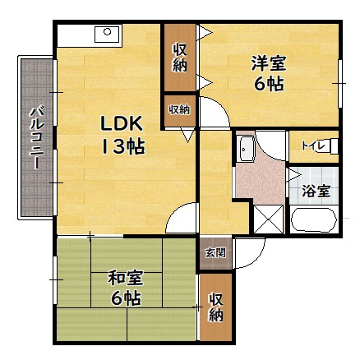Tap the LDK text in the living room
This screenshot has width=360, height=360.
[122, 124]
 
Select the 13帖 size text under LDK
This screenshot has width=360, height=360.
[123, 148]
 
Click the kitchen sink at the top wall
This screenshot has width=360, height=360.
[107, 34]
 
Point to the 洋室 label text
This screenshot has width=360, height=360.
[270, 62]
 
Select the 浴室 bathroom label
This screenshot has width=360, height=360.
[316, 192]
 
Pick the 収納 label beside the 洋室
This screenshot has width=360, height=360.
[180, 57]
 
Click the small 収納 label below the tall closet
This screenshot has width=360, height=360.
[180, 108]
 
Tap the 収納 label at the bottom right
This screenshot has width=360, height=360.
[216, 307]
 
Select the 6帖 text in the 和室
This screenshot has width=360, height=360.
[126, 298]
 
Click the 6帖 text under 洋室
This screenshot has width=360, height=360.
[269, 83]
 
